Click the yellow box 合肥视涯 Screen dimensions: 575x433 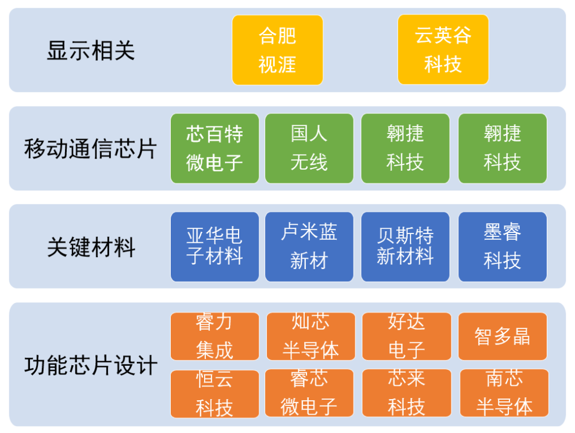pos(278,50)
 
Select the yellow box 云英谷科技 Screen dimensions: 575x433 pos(443,49)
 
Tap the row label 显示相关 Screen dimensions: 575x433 pos(91,50)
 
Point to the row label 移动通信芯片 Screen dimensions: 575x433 pos(91,148)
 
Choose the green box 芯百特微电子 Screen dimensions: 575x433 pos(214,148)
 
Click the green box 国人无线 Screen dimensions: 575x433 pos(309,148)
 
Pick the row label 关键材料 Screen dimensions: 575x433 pos(91,247)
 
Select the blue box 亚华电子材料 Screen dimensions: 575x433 pos(214,247)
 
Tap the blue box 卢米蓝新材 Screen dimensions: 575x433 pos(309,247)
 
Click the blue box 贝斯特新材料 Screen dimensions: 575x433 pos(405,247)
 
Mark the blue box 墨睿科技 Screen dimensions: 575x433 pos(503,247)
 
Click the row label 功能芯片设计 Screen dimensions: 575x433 pos(91,365)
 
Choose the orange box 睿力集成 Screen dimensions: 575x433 pos(214,336)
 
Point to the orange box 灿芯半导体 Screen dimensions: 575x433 pos(310,336)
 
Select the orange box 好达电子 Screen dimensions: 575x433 pos(407,336)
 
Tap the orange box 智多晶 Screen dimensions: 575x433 pos(503,336)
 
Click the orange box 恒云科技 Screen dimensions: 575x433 pos(214,394)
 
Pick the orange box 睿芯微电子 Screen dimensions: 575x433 pos(309,393)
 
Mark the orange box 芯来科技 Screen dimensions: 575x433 pos(407,393)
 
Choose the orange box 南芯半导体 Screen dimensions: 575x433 pos(504,393)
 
